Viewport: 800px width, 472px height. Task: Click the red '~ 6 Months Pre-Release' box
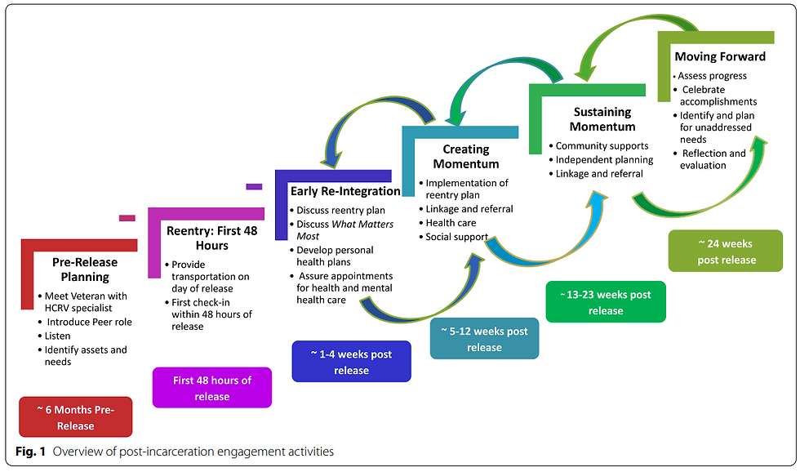[x=74, y=416]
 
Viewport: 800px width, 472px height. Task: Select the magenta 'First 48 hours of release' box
[x=211, y=388]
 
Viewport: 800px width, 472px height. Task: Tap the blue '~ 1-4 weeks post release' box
[x=351, y=362]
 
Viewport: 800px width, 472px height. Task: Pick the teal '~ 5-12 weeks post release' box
[x=484, y=338]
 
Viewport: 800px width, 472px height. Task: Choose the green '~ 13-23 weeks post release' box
[x=606, y=301]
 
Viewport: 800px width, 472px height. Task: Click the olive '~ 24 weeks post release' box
[x=726, y=251]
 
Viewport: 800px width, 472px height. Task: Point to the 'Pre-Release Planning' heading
[x=85, y=269]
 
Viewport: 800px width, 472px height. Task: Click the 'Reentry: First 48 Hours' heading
[x=211, y=238]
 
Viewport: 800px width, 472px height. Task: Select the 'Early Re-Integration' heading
[x=345, y=191]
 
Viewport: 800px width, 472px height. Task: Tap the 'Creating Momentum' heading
[x=466, y=156]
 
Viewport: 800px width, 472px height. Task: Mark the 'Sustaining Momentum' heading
[x=602, y=119]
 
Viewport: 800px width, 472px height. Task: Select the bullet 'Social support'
[x=456, y=237]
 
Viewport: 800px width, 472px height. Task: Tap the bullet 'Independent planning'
[x=604, y=159]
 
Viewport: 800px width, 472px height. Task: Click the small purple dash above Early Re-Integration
[x=254, y=187]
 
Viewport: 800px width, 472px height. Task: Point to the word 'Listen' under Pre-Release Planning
[x=57, y=336]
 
